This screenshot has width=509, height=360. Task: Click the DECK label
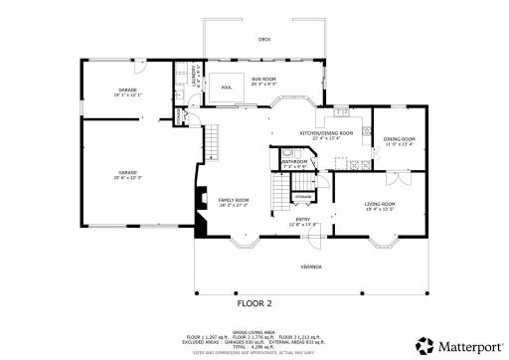(x=263, y=39)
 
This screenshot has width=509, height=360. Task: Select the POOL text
(x=226, y=88)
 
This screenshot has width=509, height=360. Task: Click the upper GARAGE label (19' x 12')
(x=127, y=91)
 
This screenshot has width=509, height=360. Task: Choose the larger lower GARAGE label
(x=127, y=172)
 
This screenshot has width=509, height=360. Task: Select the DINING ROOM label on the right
(x=399, y=139)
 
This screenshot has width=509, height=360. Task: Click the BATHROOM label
(x=292, y=161)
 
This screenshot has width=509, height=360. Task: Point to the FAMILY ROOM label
(x=234, y=201)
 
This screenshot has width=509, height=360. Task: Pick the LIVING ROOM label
(x=380, y=204)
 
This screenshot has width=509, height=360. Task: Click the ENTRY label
(x=302, y=221)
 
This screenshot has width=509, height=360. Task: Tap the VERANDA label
(x=311, y=268)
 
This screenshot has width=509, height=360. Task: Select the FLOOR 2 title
(x=254, y=302)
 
